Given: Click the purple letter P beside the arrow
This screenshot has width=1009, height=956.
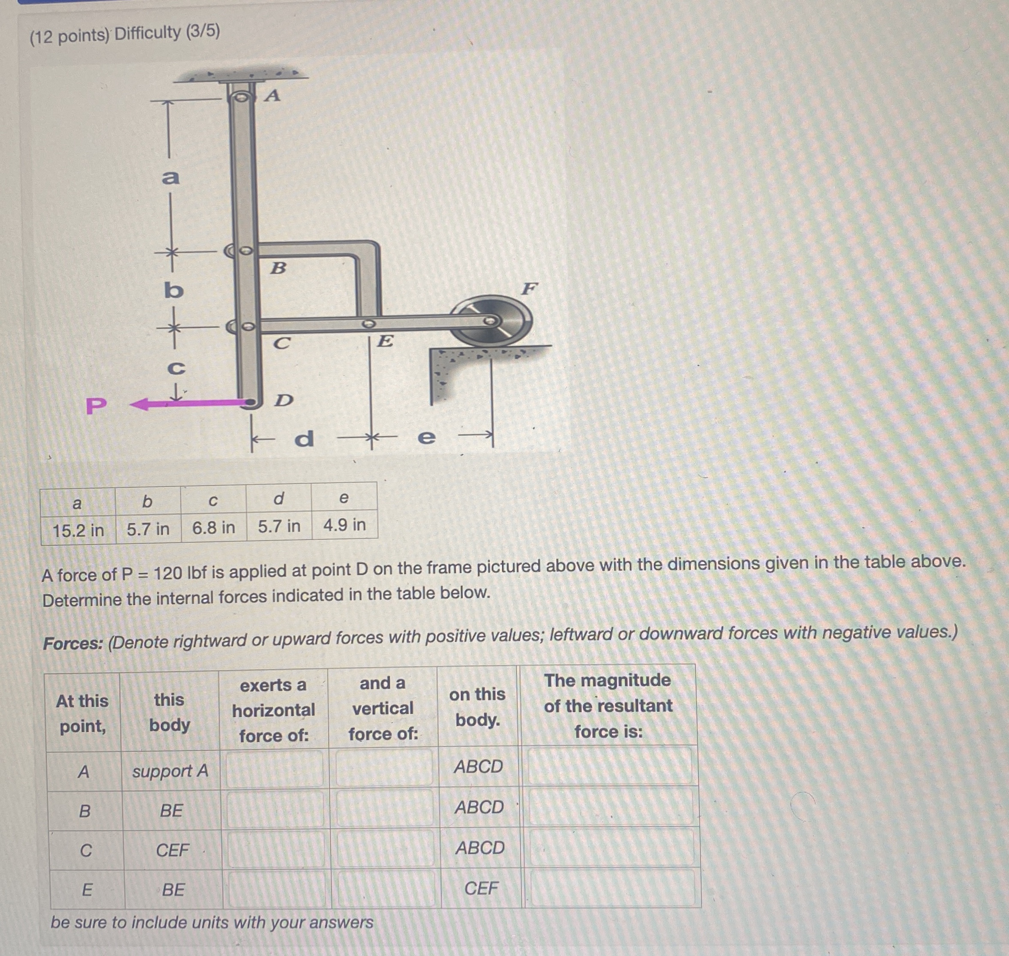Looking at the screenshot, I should coord(97,406).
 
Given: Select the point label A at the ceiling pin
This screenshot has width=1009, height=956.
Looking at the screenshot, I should coord(272,95).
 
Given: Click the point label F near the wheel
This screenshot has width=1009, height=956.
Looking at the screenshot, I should coord(529,289).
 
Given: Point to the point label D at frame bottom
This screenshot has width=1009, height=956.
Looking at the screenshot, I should coord(284,400).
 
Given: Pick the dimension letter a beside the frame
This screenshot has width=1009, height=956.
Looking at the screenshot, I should coord(171,177).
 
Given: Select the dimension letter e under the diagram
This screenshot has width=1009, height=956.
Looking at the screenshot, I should coord(426,437).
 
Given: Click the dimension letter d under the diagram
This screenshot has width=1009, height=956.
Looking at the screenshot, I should coord(304,438).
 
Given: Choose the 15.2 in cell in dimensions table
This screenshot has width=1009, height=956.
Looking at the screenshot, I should coord(78,530).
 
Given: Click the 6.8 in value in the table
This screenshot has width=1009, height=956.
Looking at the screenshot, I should coord(213,527).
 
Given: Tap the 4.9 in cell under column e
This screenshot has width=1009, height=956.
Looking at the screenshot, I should coord(344,524).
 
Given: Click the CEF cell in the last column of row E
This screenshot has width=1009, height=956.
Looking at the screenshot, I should coord(481,888).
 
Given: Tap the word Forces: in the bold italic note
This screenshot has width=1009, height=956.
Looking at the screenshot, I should coord(73,643).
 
